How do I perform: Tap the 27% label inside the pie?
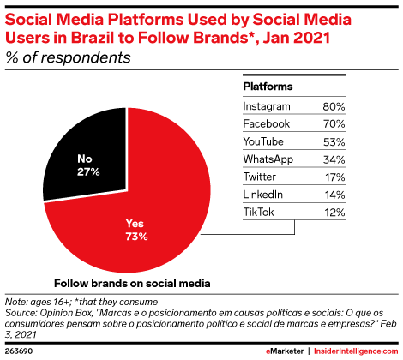[88, 172]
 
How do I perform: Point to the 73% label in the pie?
[136, 237]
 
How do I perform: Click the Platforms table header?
[268, 87]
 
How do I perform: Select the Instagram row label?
[267, 106]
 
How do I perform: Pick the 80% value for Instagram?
[334, 107]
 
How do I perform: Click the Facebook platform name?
[267, 124]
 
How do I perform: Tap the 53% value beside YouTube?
[334, 142]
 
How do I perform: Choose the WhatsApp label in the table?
[268, 159]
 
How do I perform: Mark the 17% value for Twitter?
[334, 177]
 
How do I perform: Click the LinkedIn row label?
[263, 195]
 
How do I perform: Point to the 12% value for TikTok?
[334, 213]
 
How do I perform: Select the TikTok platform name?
[259, 213]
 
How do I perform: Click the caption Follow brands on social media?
[132, 284]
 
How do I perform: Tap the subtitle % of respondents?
[68, 57]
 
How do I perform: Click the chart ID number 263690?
[19, 351]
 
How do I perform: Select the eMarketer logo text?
[285, 351]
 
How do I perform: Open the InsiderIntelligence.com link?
[356, 351]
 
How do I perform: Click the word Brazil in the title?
[93, 38]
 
